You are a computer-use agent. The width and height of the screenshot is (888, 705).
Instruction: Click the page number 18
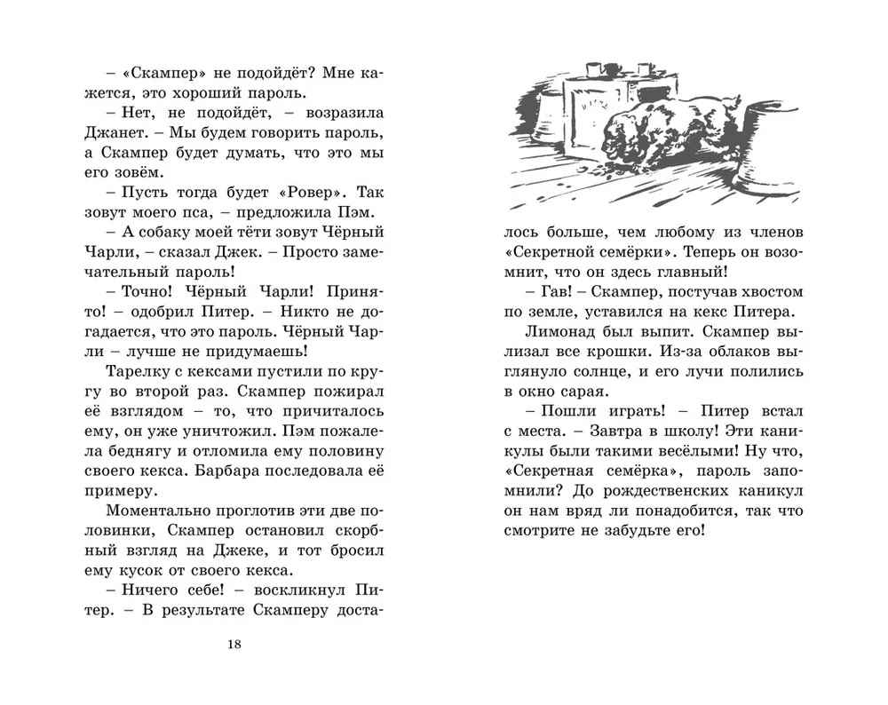234,644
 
